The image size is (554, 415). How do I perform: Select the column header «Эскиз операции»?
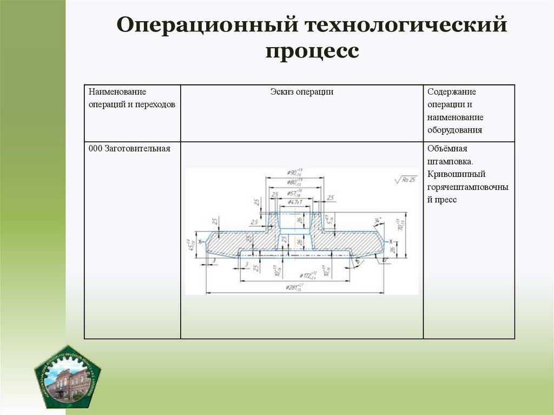[301, 92]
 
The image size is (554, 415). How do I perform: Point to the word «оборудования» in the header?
[454, 130]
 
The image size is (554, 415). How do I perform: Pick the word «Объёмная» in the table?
[447, 149]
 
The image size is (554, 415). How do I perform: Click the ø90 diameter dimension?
[294, 173]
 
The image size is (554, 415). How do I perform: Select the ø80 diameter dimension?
[294, 182]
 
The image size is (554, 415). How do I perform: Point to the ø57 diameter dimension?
[294, 193]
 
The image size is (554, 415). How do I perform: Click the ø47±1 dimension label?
[293, 202]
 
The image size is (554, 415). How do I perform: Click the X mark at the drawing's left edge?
[200, 241]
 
